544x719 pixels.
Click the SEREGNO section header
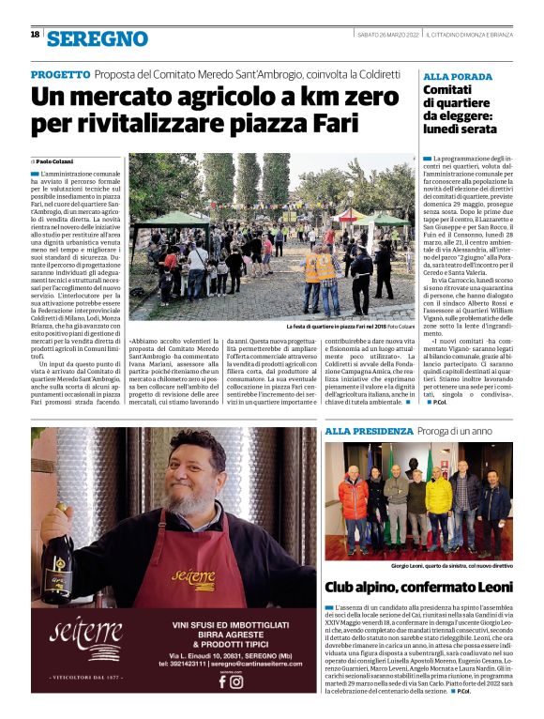tap(98, 38)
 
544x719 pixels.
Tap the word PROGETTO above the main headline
tap(59, 74)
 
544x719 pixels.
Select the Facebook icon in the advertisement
tap(222, 682)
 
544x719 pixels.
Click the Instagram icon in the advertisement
tap(237, 682)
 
